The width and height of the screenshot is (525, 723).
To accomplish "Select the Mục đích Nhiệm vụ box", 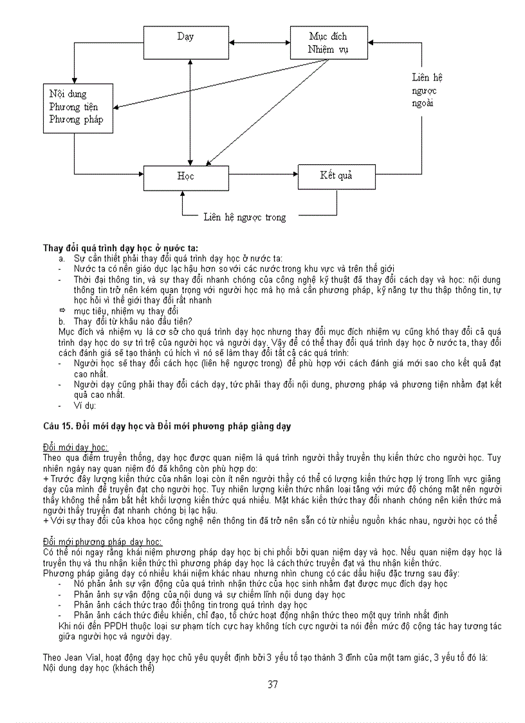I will pyautogui.click(x=328, y=42).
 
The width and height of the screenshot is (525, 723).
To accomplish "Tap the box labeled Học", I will pyautogui.click(x=185, y=176).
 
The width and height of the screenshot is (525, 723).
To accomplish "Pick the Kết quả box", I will pyautogui.click(x=336, y=176).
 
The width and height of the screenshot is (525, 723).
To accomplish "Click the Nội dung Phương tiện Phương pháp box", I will pyautogui.click(x=75, y=107).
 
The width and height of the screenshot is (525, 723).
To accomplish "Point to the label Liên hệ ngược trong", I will pyautogui.click(x=244, y=218).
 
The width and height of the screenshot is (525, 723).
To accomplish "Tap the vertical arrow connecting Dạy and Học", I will pyautogui.click(x=190, y=109).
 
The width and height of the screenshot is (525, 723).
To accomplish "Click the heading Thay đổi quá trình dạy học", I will pyautogui.click(x=120, y=248).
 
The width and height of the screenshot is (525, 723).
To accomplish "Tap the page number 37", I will pyautogui.click(x=273, y=684).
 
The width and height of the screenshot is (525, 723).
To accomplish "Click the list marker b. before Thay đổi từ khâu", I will pyautogui.click(x=62, y=321).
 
